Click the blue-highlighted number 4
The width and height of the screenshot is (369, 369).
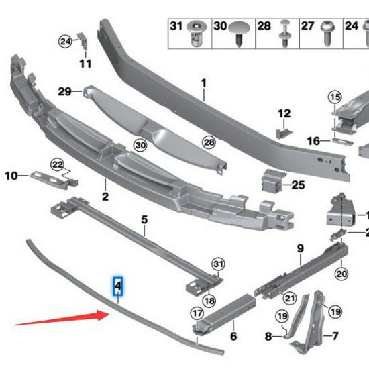point(118,287)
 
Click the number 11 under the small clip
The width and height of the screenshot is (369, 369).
point(85,64)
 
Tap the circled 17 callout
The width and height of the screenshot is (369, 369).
point(197,312)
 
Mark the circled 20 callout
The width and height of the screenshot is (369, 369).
point(341,273)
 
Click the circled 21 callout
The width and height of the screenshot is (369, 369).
point(290,297)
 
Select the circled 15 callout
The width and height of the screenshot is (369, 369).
point(335,98)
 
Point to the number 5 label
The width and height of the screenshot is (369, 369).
point(144,219)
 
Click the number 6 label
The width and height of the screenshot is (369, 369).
point(233,336)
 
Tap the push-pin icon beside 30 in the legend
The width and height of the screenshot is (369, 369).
point(241,30)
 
